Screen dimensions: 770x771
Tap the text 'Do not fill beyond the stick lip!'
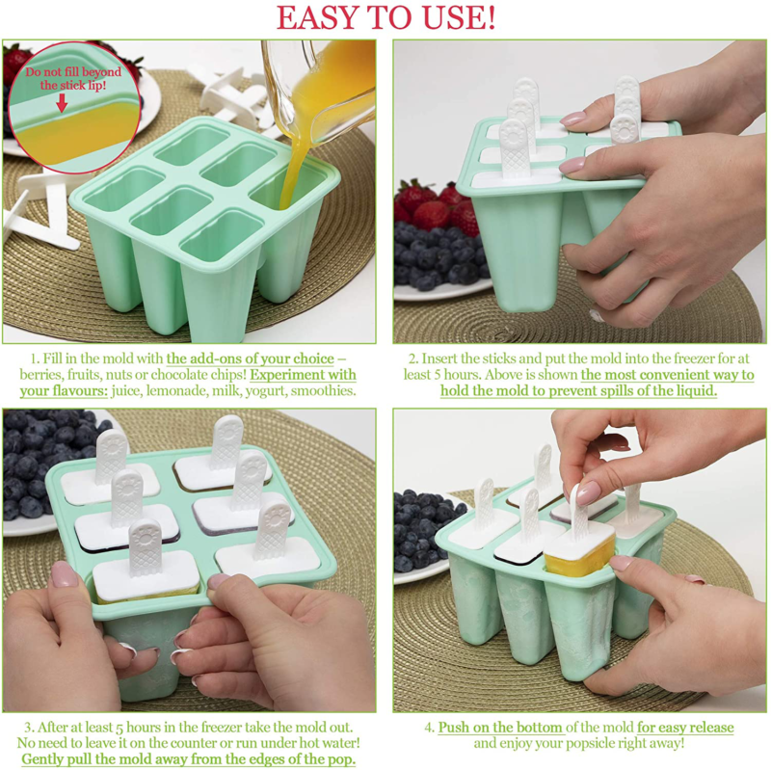pos(73,78)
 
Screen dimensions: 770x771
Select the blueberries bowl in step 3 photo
pos(39,472)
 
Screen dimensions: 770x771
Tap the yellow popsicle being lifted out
pos(580,559)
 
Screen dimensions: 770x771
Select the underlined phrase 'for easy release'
pos(684,728)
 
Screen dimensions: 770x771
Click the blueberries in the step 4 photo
pos(424,530)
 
